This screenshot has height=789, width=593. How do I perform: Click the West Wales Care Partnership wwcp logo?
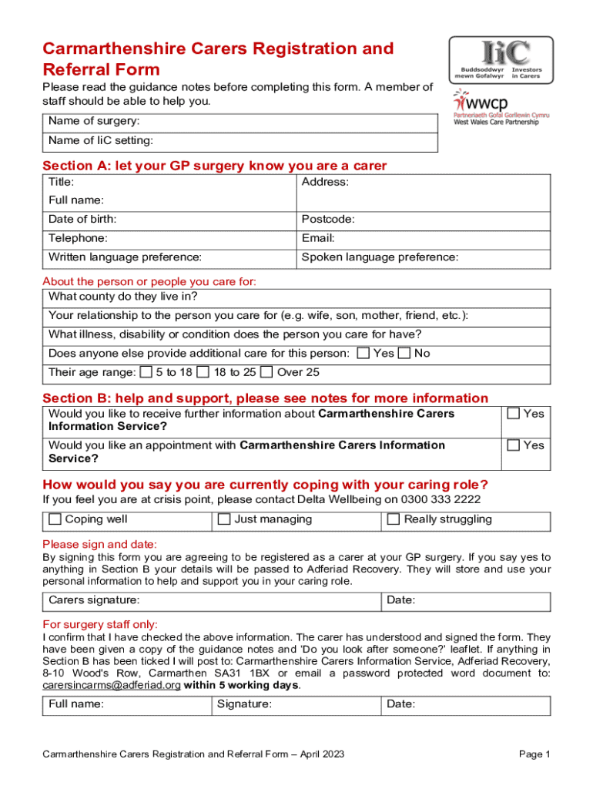501,107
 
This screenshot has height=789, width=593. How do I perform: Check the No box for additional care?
404,354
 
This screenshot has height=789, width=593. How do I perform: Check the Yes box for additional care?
363,354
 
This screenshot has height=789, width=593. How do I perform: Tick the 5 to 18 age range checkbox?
146,373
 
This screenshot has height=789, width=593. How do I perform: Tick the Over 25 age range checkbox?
266,373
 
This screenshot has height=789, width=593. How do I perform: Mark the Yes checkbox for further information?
513,414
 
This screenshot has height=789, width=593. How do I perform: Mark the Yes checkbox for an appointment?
513,445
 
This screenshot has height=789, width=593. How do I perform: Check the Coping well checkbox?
55,519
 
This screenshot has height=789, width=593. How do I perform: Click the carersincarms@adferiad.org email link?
112,685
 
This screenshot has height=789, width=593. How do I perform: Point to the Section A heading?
215,166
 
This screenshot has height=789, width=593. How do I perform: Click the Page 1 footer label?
534,754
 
